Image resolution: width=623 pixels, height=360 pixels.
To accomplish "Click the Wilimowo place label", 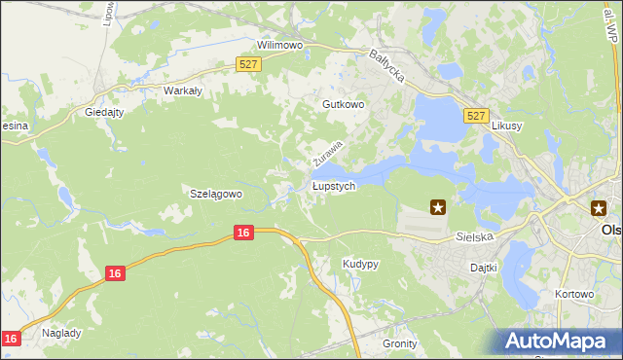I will pyautogui.click(x=280, y=45).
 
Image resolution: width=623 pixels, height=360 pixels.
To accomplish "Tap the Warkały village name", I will pyautogui.click(x=182, y=90).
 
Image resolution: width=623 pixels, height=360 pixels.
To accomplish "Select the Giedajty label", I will pyautogui.click(x=105, y=112).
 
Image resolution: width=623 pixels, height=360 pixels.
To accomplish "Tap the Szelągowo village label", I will pyautogui.click(x=214, y=194).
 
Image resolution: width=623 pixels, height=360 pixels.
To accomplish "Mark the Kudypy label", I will pyautogui.click(x=360, y=264).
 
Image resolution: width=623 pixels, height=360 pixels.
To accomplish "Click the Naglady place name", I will pyautogui.click(x=61, y=332).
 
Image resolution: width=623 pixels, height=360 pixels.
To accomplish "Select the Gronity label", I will pyautogui.click(x=400, y=343).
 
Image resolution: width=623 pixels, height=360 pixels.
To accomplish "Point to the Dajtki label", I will pyautogui.click(x=484, y=267).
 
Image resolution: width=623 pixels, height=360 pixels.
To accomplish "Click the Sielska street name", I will pyautogui.click(x=476, y=236).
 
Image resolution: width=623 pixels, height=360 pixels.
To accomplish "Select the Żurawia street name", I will pyautogui.click(x=329, y=151).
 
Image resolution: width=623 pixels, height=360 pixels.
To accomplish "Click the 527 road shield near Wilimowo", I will pyautogui.click(x=248, y=64).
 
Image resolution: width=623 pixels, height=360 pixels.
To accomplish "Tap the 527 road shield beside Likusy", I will pyautogui.click(x=475, y=116).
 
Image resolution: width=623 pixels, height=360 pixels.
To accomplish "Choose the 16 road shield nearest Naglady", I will pyautogui.click(x=11, y=338).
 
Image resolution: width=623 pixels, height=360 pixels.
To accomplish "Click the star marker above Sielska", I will pyautogui.click(x=438, y=206).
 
